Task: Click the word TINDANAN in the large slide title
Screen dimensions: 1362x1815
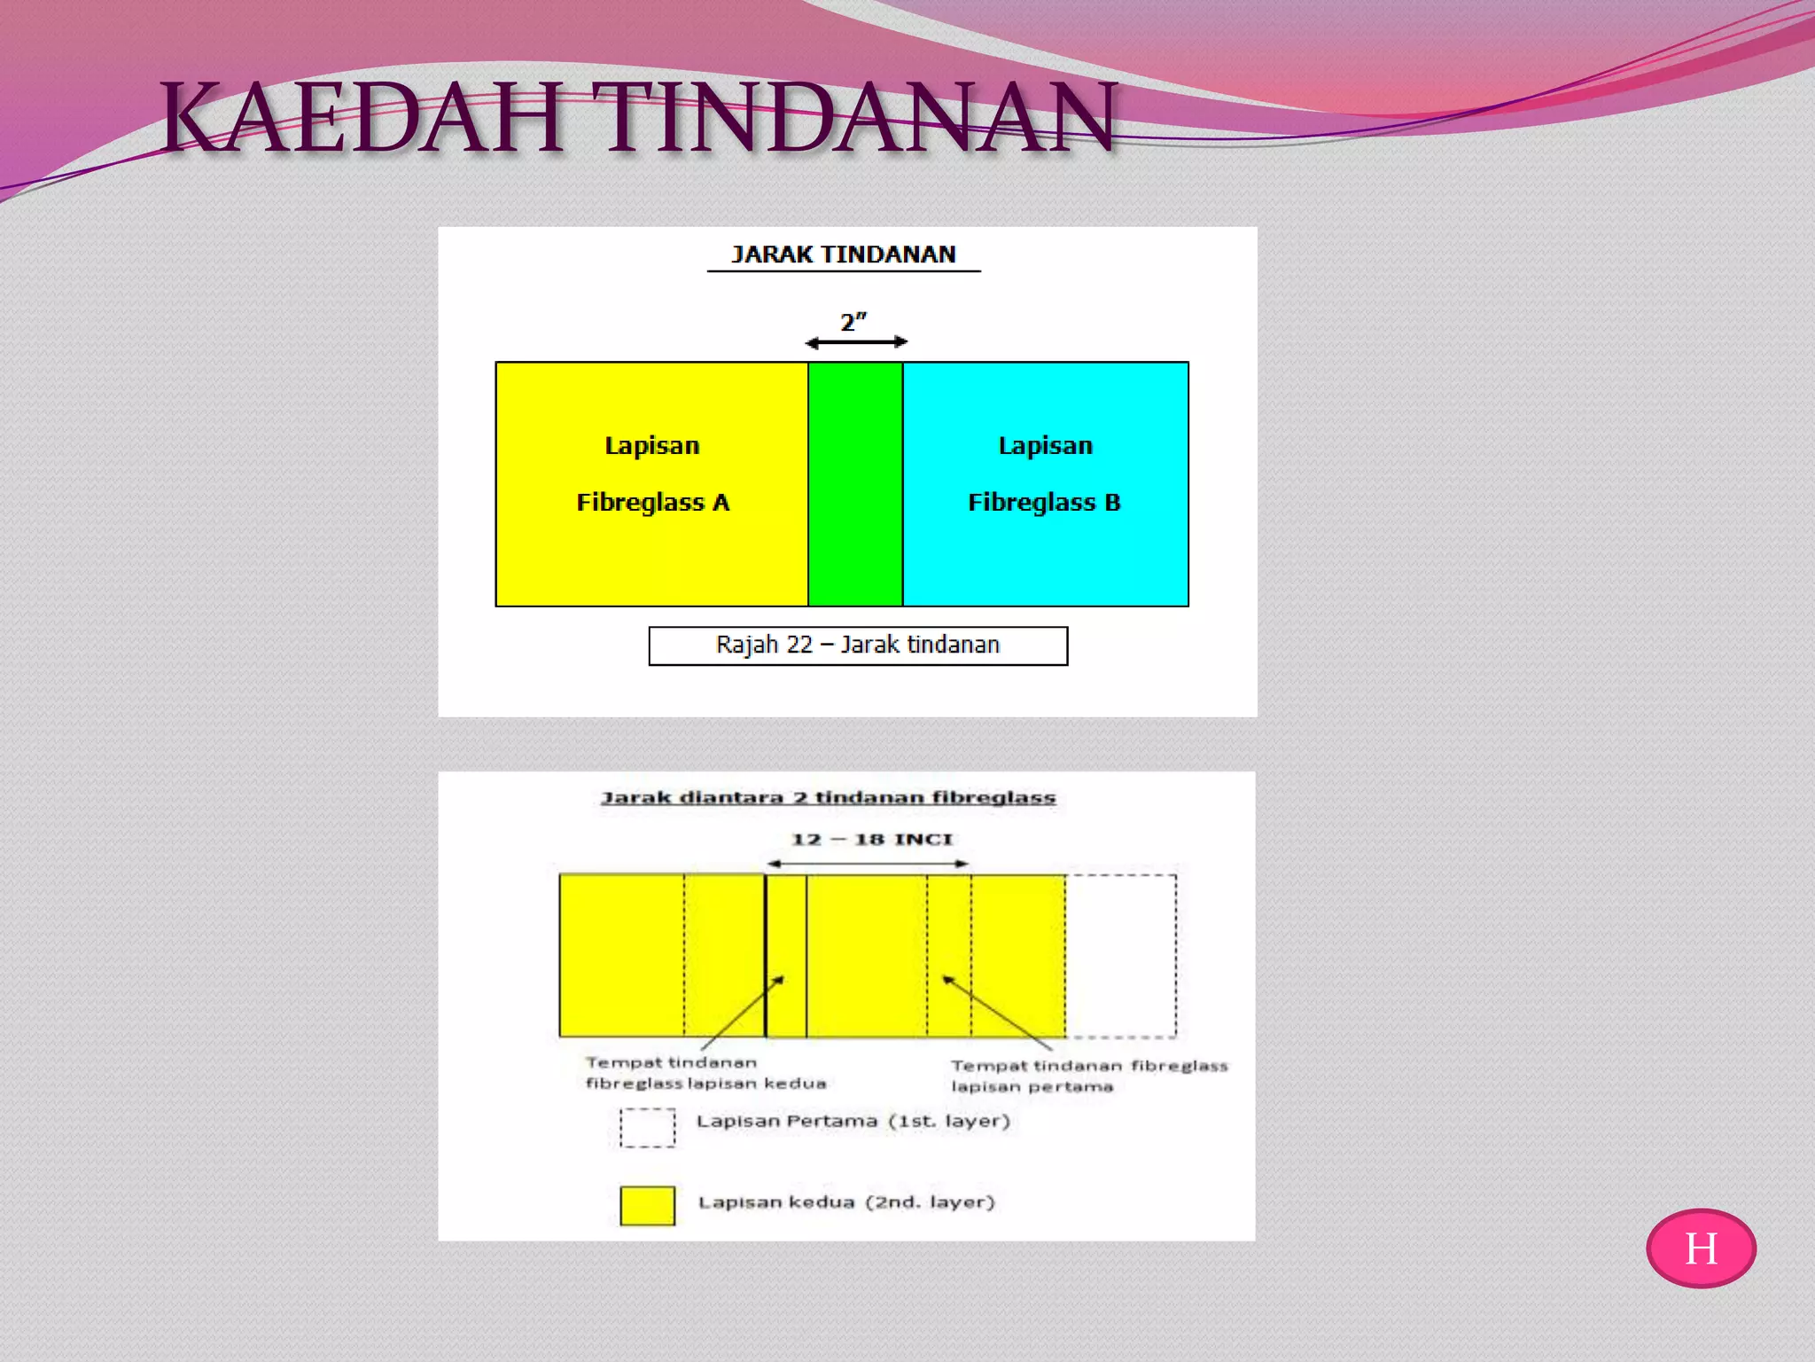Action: [853, 118]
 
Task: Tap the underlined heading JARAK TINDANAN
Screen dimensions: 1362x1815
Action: [843, 254]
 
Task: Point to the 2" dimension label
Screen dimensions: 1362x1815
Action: [853, 322]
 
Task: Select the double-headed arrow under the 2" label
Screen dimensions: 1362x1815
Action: [856, 342]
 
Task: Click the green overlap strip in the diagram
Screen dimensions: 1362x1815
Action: [855, 484]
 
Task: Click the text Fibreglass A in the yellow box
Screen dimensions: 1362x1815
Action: [653, 503]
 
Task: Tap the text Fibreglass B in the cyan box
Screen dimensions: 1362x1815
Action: [1044, 503]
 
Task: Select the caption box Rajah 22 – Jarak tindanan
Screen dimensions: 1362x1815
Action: [858, 646]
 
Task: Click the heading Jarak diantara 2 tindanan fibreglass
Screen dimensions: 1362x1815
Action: [829, 797]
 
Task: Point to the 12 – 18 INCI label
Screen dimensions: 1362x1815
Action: [872, 839]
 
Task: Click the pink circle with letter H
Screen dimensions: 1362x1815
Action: [1701, 1248]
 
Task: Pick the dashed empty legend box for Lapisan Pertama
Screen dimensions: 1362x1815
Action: [647, 1128]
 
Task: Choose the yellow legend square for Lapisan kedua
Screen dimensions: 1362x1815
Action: [647, 1206]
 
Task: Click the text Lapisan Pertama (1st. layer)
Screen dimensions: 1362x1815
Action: [853, 1121]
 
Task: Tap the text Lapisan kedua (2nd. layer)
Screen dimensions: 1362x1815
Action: [846, 1202]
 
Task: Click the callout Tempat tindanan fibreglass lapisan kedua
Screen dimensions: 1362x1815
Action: [705, 1073]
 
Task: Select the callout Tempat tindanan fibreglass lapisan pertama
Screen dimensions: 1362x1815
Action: [1089, 1076]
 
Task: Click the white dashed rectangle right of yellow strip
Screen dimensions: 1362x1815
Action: [1121, 956]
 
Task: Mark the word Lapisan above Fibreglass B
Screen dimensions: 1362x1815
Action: [1045, 445]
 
